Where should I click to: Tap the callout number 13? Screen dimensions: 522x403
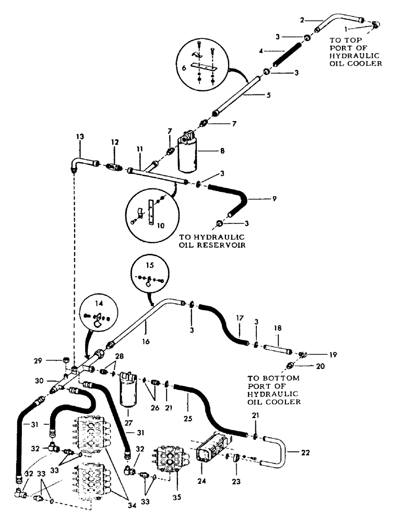click(80, 136)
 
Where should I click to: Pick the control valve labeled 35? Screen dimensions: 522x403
click(170, 453)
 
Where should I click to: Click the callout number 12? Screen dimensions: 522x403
click(115, 142)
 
